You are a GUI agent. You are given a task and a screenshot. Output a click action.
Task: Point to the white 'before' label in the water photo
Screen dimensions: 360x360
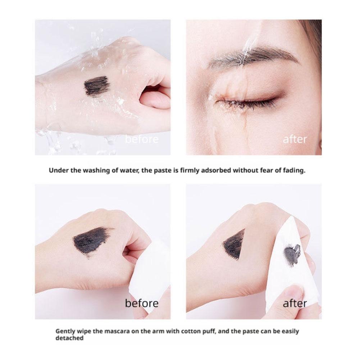coord(142,139)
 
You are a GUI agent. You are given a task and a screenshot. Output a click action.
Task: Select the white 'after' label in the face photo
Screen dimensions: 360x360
coord(295,139)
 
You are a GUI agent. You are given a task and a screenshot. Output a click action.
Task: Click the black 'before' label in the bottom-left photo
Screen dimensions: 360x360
coord(142,303)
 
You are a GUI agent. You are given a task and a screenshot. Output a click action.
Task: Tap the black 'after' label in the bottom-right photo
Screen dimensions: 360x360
coord(295,303)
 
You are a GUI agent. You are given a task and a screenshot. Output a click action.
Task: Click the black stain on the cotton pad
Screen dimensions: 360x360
coord(292,254)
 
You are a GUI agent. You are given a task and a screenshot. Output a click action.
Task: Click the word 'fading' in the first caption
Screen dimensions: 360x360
coord(294,171)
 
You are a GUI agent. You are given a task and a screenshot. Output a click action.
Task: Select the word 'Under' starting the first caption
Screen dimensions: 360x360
coord(58,171)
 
